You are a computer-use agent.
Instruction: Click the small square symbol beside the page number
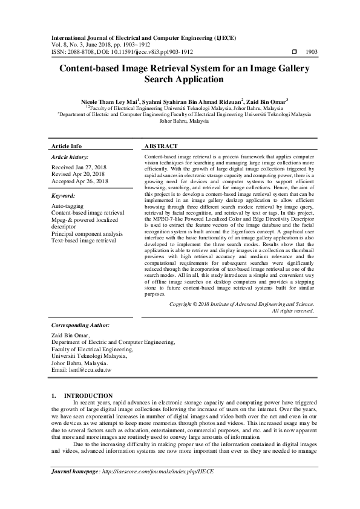294,53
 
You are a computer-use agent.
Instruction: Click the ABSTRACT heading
161,146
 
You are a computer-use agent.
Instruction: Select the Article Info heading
67,146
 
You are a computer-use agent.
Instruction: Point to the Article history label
71,157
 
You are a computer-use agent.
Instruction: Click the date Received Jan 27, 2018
79,167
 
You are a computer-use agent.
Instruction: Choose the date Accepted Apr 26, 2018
80,181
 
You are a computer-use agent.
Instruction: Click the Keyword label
64,196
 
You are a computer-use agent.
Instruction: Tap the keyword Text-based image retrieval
83,241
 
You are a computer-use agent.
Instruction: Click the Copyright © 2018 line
241,304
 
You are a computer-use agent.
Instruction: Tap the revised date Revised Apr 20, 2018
78,174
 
